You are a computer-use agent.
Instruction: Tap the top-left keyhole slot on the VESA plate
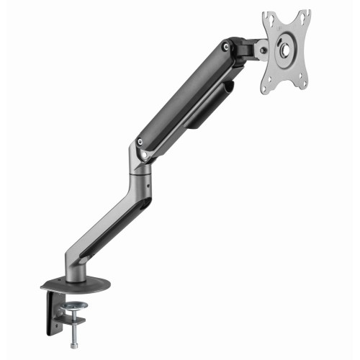269,19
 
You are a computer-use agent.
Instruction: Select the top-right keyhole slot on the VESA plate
305,17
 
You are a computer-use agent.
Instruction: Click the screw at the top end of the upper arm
227,48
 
